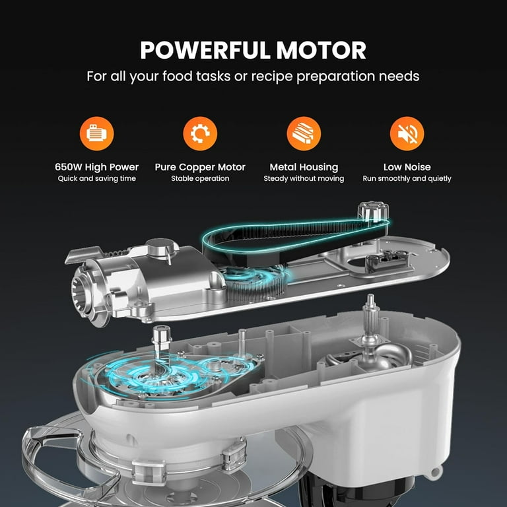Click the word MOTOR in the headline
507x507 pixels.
tap(323, 50)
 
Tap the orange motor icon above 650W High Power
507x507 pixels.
tap(97, 134)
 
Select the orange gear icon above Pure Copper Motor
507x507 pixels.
tap(200, 134)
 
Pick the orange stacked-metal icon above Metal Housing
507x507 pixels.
tap(304, 134)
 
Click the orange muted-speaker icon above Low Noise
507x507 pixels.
tap(407, 134)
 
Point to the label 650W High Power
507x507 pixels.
tap(97, 167)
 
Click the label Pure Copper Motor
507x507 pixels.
tap(200, 167)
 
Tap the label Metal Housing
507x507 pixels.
tap(304, 167)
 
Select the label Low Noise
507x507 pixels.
tap(407, 167)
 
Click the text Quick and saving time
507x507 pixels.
tap(97, 179)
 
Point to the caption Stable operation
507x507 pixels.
tap(200, 179)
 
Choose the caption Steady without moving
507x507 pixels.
tap(304, 179)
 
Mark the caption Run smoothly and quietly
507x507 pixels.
tap(407, 179)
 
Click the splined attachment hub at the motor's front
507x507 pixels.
tap(85, 290)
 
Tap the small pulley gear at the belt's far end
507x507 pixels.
tap(367, 213)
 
